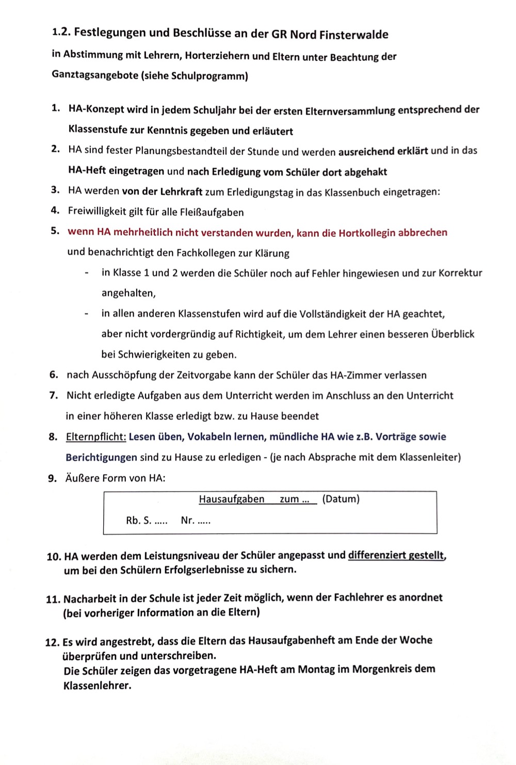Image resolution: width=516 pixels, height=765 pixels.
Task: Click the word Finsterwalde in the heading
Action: click(x=353, y=35)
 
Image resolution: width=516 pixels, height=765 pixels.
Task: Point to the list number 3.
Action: click(x=55, y=190)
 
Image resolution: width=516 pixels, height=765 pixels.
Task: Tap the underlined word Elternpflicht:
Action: click(x=96, y=437)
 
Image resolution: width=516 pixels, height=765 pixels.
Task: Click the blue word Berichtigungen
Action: click(x=101, y=457)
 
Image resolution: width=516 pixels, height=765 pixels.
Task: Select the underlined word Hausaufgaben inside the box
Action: click(x=231, y=499)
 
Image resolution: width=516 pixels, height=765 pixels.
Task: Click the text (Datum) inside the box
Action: click(x=341, y=499)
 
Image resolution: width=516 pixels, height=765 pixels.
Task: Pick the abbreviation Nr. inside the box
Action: click(x=188, y=520)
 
